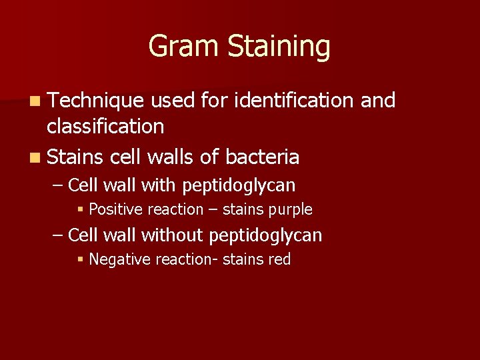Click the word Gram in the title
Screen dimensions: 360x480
click(x=185, y=47)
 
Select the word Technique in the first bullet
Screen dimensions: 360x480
click(x=95, y=100)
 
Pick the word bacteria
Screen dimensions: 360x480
click(x=262, y=157)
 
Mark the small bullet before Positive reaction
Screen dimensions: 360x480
click(x=81, y=210)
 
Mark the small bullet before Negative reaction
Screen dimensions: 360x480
click(x=81, y=260)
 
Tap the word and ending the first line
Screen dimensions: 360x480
click(x=378, y=100)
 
